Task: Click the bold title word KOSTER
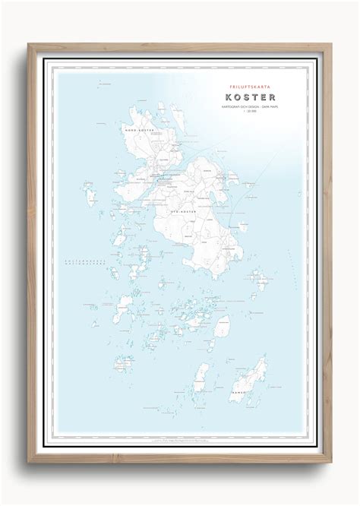pos(250,97)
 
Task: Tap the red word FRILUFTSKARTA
pos(250,85)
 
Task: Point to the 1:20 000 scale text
pos(250,116)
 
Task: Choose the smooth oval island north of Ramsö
pos(223,327)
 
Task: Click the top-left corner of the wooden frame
pos(28,44)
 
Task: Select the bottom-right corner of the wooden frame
pos(332,463)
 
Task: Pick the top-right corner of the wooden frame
pos(332,44)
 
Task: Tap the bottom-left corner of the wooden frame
pos(28,463)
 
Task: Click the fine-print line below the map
pos(180,439)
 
